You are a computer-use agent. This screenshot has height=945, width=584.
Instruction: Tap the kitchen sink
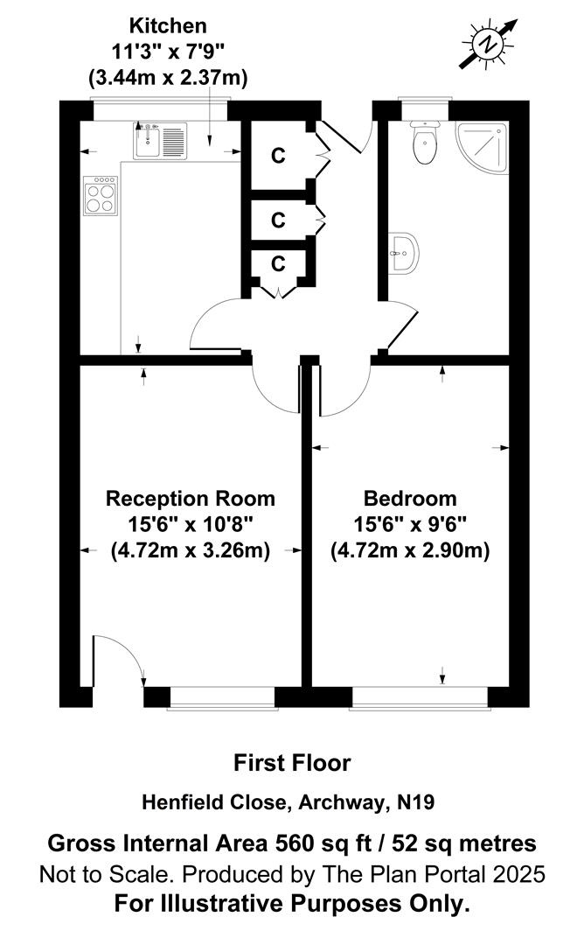(x=161, y=139)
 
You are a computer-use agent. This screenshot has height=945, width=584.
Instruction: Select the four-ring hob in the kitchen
(x=101, y=196)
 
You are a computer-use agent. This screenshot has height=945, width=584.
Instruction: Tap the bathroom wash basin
(x=403, y=253)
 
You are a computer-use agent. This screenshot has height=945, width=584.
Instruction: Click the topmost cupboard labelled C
(x=278, y=156)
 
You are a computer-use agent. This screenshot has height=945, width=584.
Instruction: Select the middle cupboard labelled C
(x=278, y=220)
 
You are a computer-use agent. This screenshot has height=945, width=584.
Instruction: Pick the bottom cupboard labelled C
(x=278, y=263)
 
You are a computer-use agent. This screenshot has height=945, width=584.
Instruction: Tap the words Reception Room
(x=190, y=499)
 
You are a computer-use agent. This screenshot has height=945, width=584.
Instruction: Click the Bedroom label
(x=410, y=499)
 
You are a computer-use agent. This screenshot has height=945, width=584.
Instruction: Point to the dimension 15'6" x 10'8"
(x=190, y=525)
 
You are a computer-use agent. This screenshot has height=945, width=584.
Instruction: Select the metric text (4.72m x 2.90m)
(x=410, y=551)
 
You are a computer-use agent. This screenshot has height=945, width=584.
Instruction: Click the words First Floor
(x=292, y=763)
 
